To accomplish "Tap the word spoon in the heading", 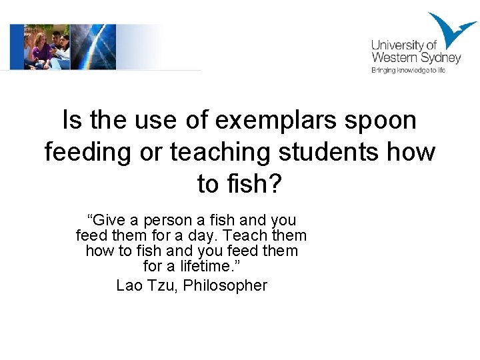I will click(x=385, y=121).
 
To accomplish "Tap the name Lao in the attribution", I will click(x=129, y=286).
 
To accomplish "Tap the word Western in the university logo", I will click(x=393, y=58).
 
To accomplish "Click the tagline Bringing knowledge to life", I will click(x=408, y=70).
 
